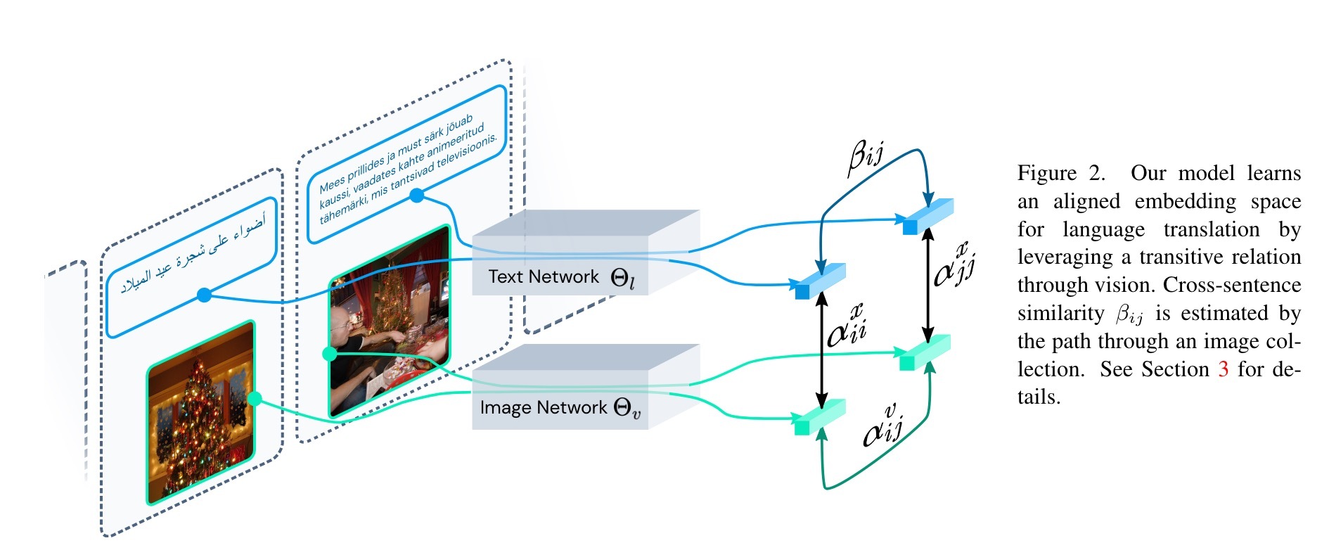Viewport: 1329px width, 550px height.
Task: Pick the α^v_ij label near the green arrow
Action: (883, 426)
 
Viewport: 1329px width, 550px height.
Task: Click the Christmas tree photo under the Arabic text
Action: (201, 413)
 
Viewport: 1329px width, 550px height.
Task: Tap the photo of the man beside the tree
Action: (389, 321)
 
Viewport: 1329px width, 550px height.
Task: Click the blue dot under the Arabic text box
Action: (204, 295)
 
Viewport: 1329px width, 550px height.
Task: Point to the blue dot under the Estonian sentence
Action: (417, 196)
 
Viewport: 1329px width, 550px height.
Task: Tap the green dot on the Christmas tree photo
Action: (255, 399)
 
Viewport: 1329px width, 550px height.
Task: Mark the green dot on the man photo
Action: (329, 354)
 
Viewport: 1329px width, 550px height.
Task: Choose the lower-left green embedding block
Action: (818, 417)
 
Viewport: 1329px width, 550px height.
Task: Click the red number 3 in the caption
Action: (1223, 369)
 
